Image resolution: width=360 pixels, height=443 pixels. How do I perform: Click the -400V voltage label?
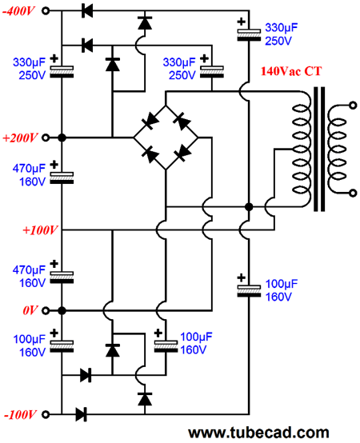(19, 11)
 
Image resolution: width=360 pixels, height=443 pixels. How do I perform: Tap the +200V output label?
(20, 138)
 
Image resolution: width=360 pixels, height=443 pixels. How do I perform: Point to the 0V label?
(30, 311)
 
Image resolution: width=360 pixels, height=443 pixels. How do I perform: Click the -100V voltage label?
(20, 415)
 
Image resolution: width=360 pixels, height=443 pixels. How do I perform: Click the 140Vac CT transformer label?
(291, 71)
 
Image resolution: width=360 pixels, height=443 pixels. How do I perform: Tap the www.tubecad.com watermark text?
(258, 433)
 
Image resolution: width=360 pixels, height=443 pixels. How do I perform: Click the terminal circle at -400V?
(46, 11)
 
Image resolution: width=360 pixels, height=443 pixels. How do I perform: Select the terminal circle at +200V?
(46, 138)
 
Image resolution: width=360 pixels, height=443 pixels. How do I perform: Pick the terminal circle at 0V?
(46, 311)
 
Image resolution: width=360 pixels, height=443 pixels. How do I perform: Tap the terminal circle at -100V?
(46, 414)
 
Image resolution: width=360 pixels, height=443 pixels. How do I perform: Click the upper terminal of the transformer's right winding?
(353, 106)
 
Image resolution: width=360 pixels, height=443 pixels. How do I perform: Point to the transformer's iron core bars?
(319, 150)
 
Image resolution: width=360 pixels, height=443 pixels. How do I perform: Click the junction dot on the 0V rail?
(62, 311)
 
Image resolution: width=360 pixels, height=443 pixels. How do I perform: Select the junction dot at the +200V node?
(62, 138)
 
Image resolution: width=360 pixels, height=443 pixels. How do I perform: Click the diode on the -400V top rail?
(87, 11)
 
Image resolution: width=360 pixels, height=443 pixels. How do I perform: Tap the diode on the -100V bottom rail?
(82, 414)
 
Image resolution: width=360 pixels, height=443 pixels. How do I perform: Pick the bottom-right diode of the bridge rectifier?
(182, 153)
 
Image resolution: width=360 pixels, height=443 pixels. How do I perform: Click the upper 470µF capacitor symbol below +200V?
(62, 178)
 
